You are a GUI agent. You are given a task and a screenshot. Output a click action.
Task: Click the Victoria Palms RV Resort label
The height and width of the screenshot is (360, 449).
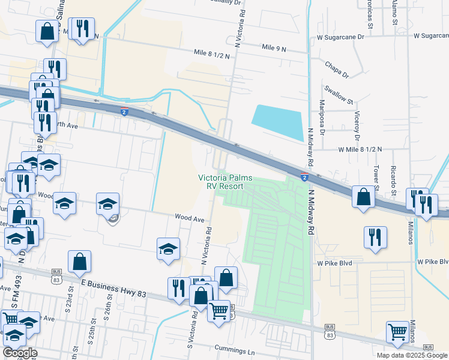click(x=225, y=182)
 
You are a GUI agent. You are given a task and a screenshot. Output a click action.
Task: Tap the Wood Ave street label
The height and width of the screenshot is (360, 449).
click(x=189, y=219)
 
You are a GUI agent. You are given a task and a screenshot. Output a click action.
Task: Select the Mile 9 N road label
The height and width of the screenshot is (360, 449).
click(x=276, y=47)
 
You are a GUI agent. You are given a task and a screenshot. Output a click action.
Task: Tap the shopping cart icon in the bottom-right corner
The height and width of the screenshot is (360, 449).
click(x=397, y=332)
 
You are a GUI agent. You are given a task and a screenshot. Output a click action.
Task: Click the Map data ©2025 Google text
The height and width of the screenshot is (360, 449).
click(x=412, y=355)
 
